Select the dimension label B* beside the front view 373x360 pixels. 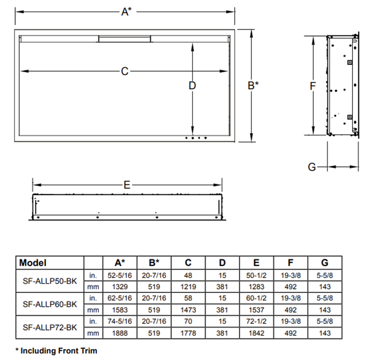(253, 85)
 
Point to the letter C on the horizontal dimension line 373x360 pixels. (124, 71)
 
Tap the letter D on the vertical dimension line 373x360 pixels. (192, 86)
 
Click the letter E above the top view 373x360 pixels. (127, 185)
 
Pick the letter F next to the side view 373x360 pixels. (313, 86)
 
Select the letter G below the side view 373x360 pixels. (313, 166)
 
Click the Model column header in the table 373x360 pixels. (33, 263)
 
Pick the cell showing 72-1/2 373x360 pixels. (256, 322)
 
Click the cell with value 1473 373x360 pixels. (188, 310)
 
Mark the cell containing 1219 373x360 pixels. (188, 287)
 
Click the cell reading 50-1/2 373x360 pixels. (256, 275)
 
